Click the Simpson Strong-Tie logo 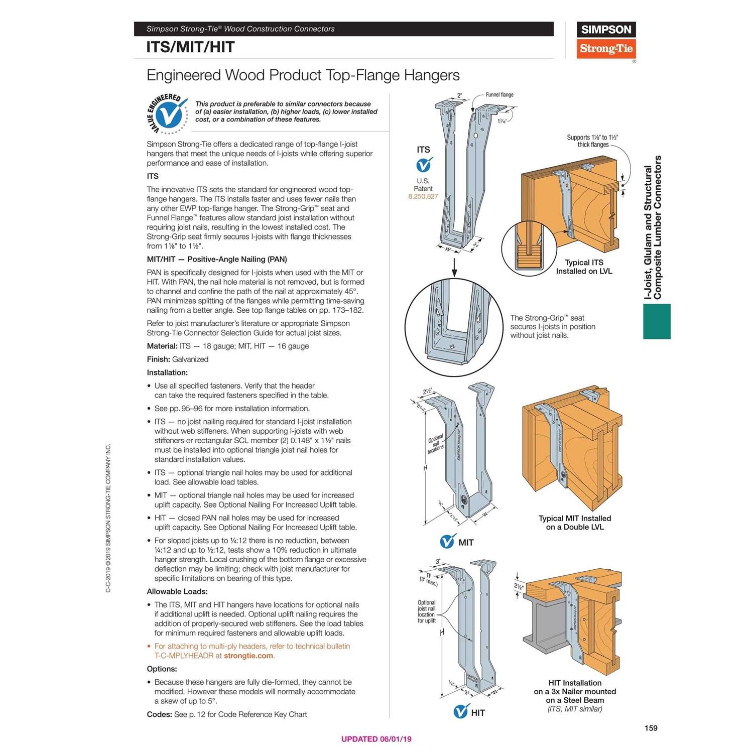coord(606,40)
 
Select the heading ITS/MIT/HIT coord(190,47)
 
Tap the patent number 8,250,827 coord(423,196)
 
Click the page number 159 coord(651,728)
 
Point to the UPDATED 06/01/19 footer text coord(376,739)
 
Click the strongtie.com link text coord(248,656)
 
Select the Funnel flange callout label coord(499,95)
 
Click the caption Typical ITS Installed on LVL coord(584,267)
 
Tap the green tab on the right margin coord(657,321)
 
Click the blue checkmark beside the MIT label coord(447,542)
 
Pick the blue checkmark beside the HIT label coord(460,711)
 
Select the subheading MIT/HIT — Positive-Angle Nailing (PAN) coord(217,260)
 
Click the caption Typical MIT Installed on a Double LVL coord(575,523)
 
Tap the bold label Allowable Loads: coord(177,592)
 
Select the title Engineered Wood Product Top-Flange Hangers coord(303,75)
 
